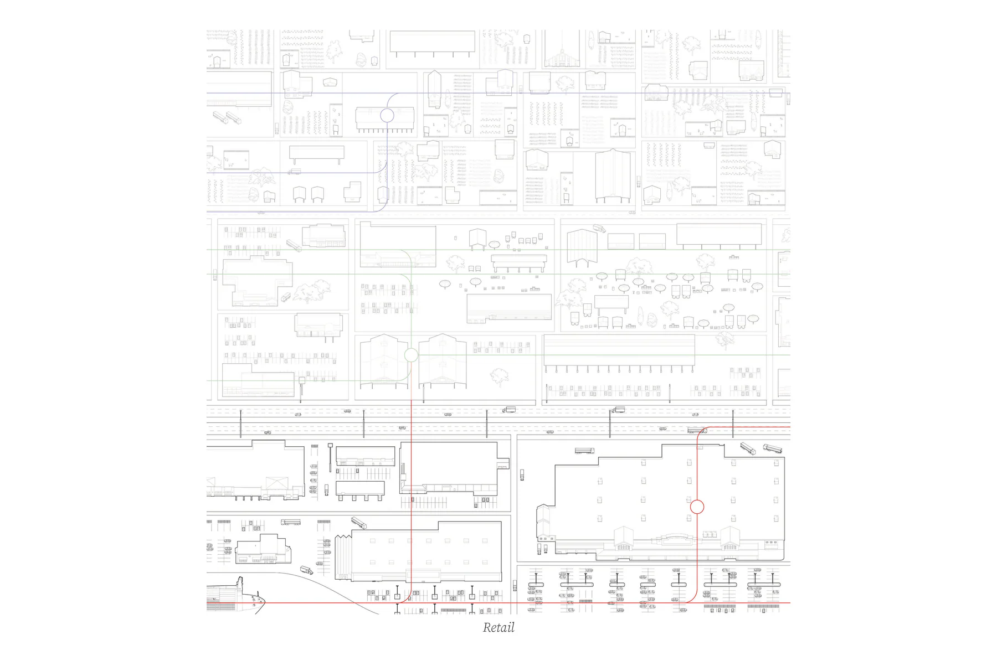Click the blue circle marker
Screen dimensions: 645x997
click(x=387, y=115)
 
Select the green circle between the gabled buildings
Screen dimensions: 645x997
click(x=411, y=355)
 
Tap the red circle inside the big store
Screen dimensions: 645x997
click(x=697, y=506)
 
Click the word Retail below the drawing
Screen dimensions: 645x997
click(x=498, y=627)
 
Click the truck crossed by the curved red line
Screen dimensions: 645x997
click(x=697, y=430)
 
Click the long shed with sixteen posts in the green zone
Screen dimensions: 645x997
click(x=619, y=352)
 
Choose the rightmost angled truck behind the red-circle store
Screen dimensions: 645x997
click(x=772, y=448)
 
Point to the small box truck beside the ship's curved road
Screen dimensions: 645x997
click(x=306, y=570)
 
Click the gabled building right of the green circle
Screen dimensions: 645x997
click(x=442, y=360)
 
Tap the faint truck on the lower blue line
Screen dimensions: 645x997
click(x=294, y=172)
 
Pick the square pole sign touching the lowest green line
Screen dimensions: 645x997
click(x=302, y=380)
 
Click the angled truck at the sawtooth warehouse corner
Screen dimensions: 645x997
click(x=359, y=522)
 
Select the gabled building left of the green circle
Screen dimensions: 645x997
click(x=383, y=360)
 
